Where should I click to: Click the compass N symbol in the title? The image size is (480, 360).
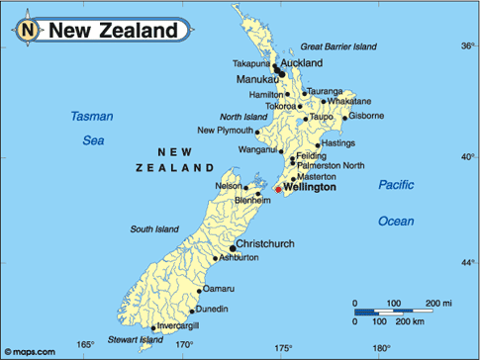click(x=28, y=31)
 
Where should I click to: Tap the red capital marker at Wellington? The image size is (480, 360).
click(x=278, y=189)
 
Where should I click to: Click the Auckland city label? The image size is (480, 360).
click(x=303, y=62)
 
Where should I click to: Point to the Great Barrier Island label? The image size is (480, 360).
click(x=339, y=46)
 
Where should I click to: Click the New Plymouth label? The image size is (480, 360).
click(x=225, y=131)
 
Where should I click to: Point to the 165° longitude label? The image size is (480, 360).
click(x=86, y=344)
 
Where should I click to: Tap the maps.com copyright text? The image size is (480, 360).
click(x=25, y=350)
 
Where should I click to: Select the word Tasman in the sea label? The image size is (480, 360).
click(x=92, y=117)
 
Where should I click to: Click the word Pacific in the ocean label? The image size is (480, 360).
click(x=397, y=185)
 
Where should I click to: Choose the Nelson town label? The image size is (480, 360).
click(x=229, y=185)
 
